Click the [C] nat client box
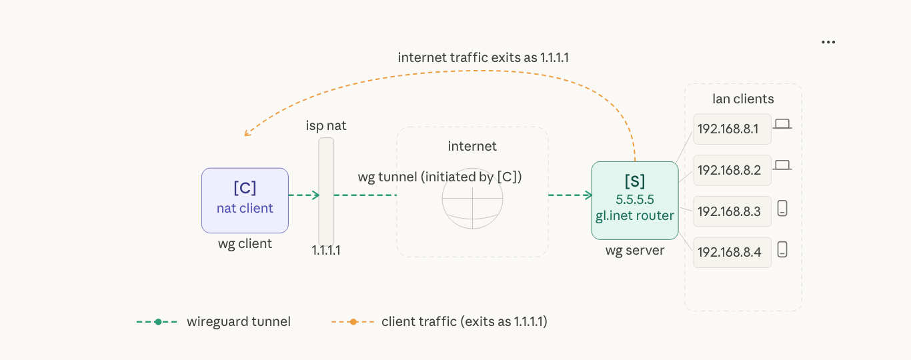click(x=245, y=200)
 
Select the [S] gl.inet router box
click(x=634, y=200)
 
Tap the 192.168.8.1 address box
click(x=732, y=129)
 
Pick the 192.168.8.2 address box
click(x=732, y=170)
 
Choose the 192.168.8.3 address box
click(x=732, y=211)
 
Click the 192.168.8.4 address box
click(x=732, y=253)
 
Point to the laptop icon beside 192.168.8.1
click(x=782, y=124)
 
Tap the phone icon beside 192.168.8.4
click(x=782, y=250)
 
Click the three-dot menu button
click(x=828, y=42)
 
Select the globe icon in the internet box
click(x=472, y=199)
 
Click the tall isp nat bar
click(x=326, y=191)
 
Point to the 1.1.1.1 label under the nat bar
click(x=326, y=251)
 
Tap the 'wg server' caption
click(x=634, y=251)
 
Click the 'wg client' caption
click(x=245, y=244)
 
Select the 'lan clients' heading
click(x=743, y=99)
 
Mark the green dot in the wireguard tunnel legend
click(x=158, y=322)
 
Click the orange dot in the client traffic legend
click(x=353, y=322)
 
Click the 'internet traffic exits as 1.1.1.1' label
click(x=483, y=58)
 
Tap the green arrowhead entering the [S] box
click(x=589, y=195)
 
